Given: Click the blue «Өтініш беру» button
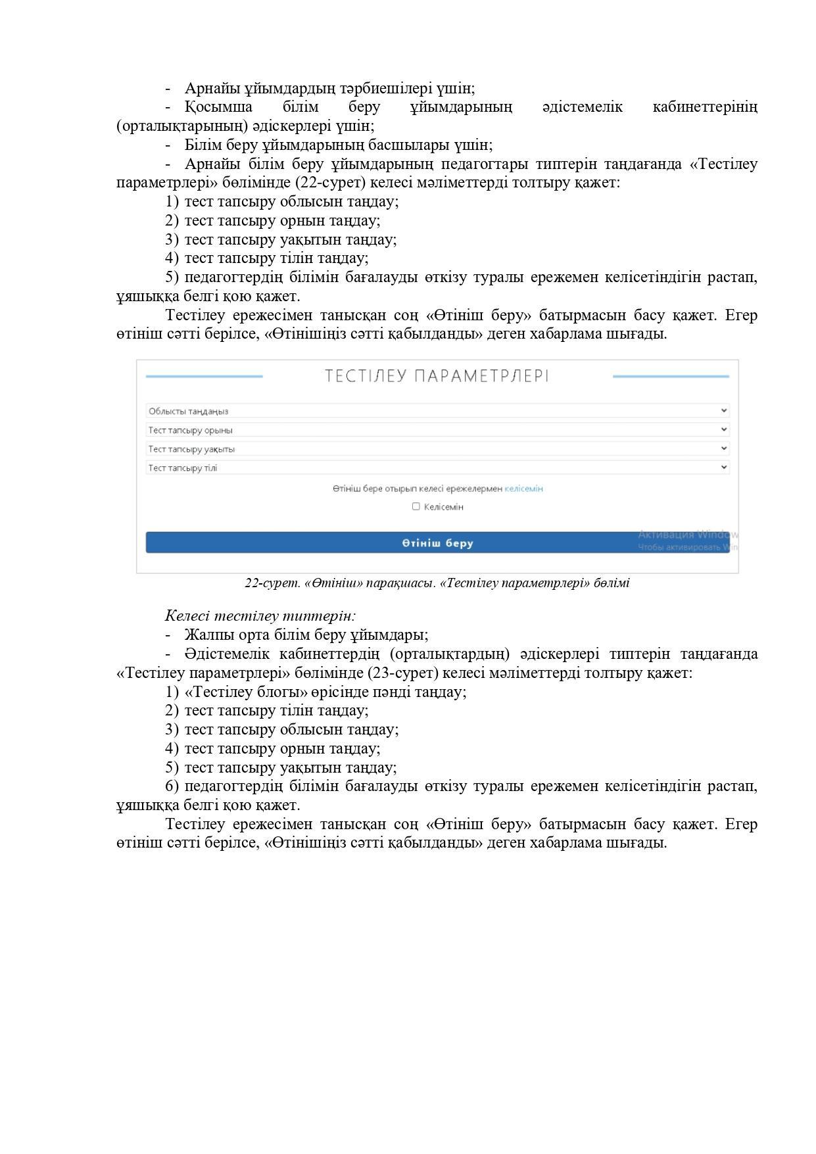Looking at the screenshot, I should pyautogui.click(x=437, y=542).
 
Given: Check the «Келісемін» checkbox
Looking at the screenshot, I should pyautogui.click(x=416, y=506).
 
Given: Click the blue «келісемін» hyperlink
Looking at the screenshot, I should pyautogui.click(x=523, y=489).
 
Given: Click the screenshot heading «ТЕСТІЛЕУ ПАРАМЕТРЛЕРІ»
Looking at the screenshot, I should pyautogui.click(x=437, y=376).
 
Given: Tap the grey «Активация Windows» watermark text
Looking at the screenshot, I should pyautogui.click(x=687, y=534).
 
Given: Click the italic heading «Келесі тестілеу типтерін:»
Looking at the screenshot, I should pyautogui.click(x=260, y=616).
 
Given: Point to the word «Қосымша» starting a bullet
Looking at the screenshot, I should pyautogui.click(x=218, y=107).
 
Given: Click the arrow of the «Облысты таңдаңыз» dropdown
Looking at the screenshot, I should pyautogui.click(x=724, y=411).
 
